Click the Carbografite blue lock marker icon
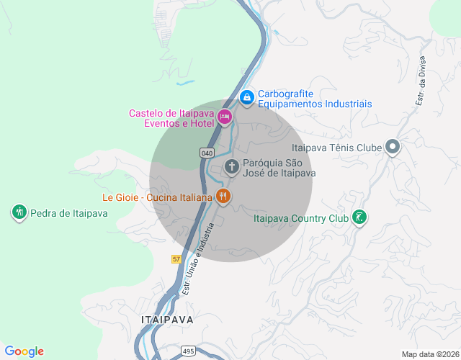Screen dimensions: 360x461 click(246, 96)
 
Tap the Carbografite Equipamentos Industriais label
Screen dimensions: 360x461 click(315, 99)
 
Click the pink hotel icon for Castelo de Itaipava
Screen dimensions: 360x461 click(225, 117)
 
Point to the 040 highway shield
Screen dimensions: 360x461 click(207, 153)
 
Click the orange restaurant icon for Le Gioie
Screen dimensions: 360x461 click(223, 196)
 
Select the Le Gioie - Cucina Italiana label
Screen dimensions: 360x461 click(157, 197)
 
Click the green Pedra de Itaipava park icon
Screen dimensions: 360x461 click(19, 212)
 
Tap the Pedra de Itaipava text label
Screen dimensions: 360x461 click(69, 213)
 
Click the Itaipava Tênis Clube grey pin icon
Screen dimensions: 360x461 click(393, 148)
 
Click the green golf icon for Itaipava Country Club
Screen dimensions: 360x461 click(359, 217)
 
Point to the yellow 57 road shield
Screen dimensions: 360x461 click(176, 258)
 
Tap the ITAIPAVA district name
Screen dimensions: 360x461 click(168, 319)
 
